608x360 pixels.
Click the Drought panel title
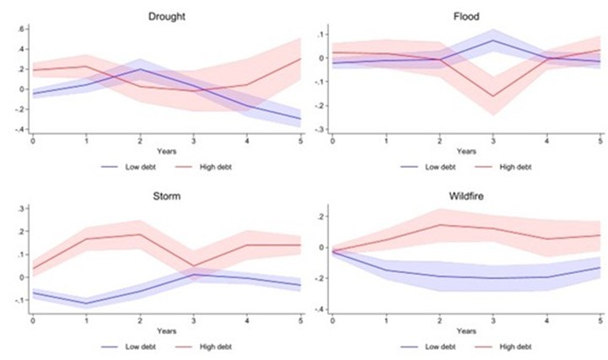166,16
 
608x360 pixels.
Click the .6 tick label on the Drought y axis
23,28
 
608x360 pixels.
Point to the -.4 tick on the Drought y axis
21,129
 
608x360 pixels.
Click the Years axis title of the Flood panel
466,152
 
